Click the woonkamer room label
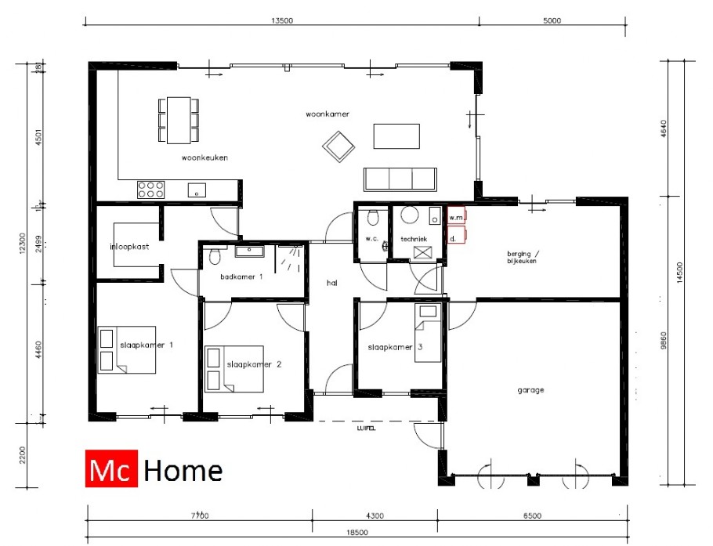[x=328, y=114]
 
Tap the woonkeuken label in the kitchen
[x=204, y=157]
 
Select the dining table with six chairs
[x=179, y=120]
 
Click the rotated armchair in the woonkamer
[x=338, y=146]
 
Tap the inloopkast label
[x=130, y=247]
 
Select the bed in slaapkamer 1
[x=127, y=349]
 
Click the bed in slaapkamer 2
[x=234, y=369]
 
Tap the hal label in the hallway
[x=332, y=284]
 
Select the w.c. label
[x=372, y=239]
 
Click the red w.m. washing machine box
[x=457, y=217]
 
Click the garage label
[x=530, y=389]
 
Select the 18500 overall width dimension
[x=356, y=532]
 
